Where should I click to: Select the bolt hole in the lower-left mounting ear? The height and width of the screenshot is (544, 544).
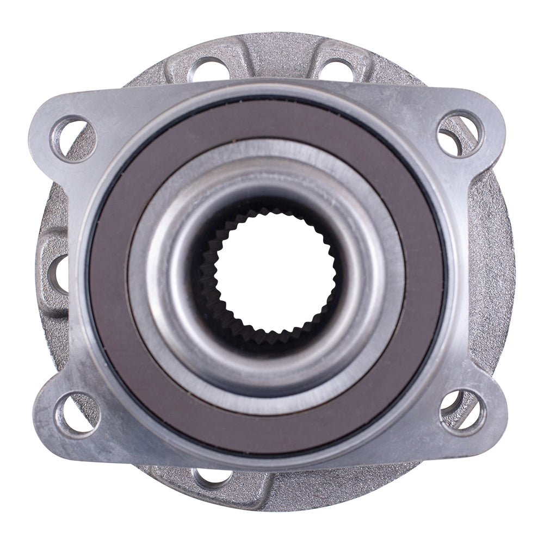76,413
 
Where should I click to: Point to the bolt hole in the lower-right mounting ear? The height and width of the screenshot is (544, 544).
461,411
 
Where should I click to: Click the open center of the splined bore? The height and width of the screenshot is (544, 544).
267,272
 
